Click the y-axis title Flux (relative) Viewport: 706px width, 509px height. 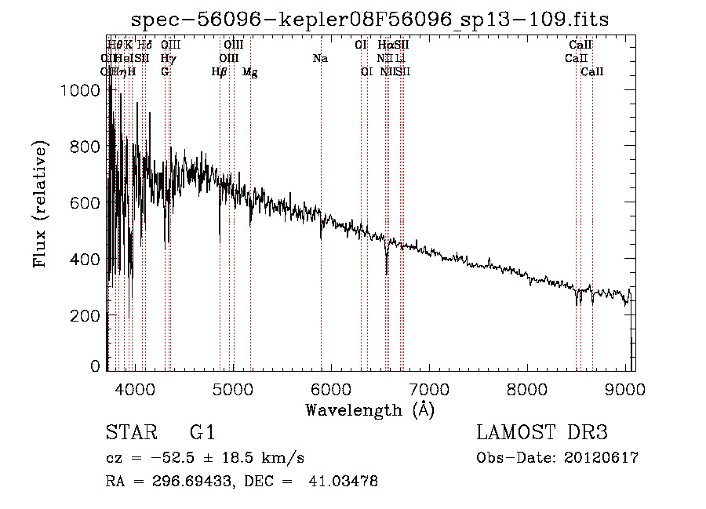pos(39,205)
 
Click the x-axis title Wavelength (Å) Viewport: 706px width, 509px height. pos(369,409)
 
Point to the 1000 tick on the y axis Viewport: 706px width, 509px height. pos(80,91)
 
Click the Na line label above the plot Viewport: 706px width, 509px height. pos(320,59)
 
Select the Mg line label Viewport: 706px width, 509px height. pos(249,72)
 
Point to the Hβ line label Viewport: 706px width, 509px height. pos(220,72)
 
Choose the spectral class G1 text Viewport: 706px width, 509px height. pos(202,434)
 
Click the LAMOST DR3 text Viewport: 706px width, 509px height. pos(541,434)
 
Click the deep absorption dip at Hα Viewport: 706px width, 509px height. pos(387,271)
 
